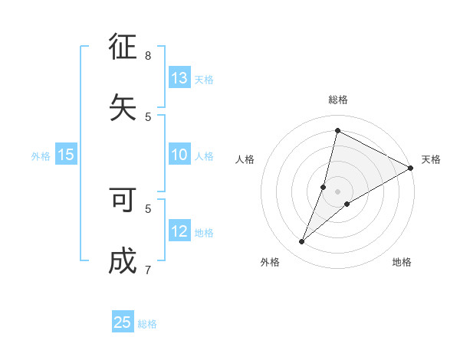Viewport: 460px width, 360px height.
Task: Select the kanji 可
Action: click(x=123, y=201)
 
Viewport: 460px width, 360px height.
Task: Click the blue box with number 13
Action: click(x=179, y=78)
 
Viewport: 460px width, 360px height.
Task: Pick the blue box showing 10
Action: click(x=179, y=155)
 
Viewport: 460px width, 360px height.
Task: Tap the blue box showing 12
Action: click(x=179, y=232)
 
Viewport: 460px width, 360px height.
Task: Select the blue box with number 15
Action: click(x=66, y=155)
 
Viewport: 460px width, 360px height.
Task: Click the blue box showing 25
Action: click(x=123, y=322)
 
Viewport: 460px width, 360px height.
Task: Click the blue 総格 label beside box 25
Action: click(x=147, y=324)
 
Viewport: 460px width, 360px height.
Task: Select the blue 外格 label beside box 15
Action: click(x=41, y=156)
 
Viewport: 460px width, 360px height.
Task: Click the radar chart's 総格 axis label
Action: click(x=338, y=100)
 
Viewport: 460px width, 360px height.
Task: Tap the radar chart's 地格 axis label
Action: click(x=402, y=262)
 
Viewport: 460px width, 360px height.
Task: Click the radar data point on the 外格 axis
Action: click(x=302, y=242)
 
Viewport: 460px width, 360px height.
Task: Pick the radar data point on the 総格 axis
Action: click(x=337, y=131)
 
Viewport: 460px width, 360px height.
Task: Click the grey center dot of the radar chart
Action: click(x=338, y=191)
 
